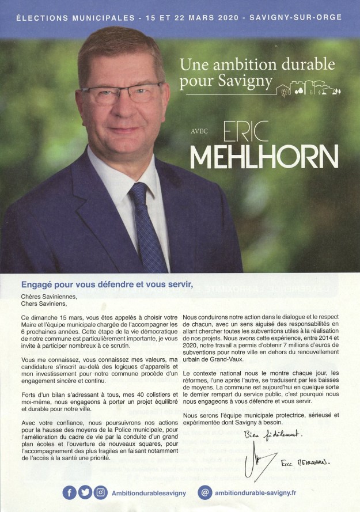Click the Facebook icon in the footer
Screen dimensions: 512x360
(70, 492)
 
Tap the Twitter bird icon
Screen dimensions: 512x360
(85, 492)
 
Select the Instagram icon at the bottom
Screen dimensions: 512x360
(100, 492)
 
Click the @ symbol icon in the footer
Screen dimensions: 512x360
(205, 492)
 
